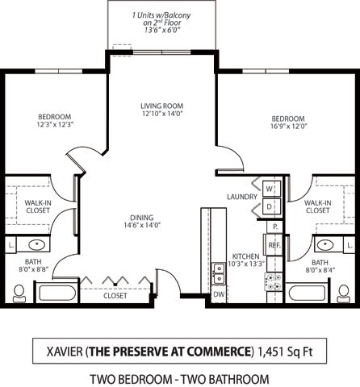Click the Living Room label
point(161,106)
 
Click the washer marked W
point(270,189)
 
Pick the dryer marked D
point(270,206)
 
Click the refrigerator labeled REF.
point(274,244)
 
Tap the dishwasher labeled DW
point(218,295)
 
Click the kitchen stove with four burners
point(274,281)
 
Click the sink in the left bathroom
point(37,244)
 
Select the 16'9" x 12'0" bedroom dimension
point(287,125)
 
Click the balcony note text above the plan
point(161,23)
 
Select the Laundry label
point(242,197)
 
